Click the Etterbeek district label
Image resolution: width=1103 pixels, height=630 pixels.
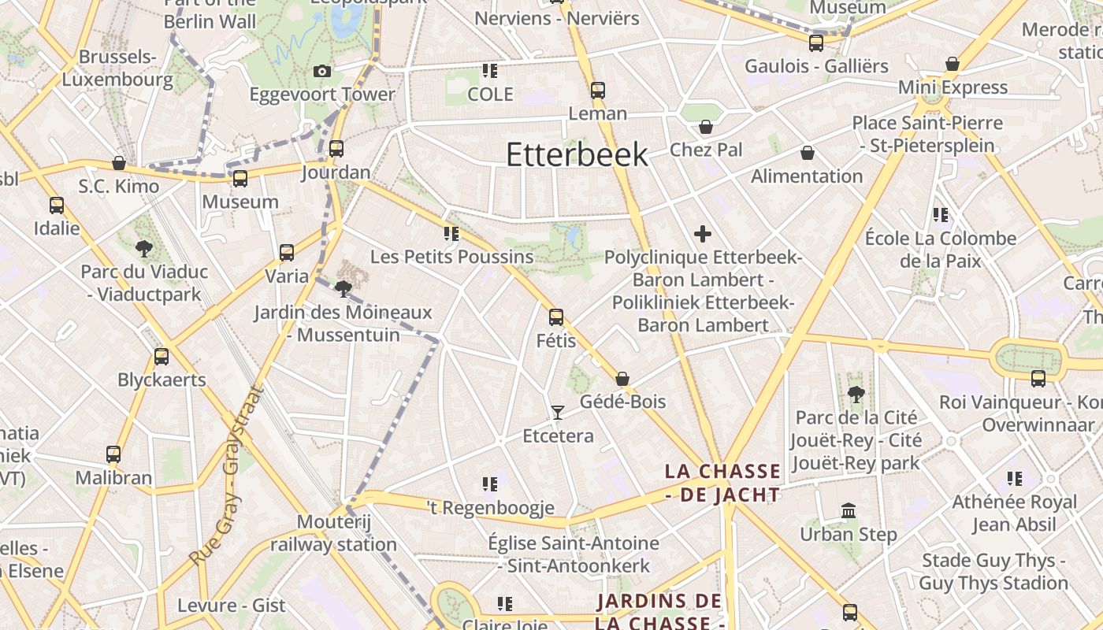point(577,154)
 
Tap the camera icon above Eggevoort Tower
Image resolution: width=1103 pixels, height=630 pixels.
point(321,72)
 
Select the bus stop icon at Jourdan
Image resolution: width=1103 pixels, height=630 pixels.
point(336,148)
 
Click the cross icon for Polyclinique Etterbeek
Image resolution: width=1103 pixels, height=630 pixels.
point(703,233)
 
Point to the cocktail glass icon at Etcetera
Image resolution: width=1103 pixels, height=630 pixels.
point(558,412)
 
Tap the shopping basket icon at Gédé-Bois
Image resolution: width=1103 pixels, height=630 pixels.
point(622,379)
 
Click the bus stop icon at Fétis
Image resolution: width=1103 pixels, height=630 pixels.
point(556,317)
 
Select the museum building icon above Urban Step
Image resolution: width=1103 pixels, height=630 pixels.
point(849,511)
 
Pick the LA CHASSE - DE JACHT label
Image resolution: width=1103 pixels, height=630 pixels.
point(722,483)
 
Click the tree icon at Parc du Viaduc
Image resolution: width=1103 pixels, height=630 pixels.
point(144,249)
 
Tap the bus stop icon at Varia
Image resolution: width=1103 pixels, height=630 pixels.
point(287,253)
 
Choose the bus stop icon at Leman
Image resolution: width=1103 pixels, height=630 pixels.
point(598,91)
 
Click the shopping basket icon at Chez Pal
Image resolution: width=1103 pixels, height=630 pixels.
point(706,127)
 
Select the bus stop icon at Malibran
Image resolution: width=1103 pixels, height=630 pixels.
point(113,454)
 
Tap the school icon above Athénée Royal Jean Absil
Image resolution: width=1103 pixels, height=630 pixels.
point(1014,478)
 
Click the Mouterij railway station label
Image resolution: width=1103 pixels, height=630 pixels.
point(333,533)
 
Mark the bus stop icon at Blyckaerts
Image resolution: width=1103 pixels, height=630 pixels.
point(162,357)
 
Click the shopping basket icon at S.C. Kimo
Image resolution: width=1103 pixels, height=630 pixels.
point(119,163)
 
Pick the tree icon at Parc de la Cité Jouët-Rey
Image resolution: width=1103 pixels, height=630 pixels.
point(856,394)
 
